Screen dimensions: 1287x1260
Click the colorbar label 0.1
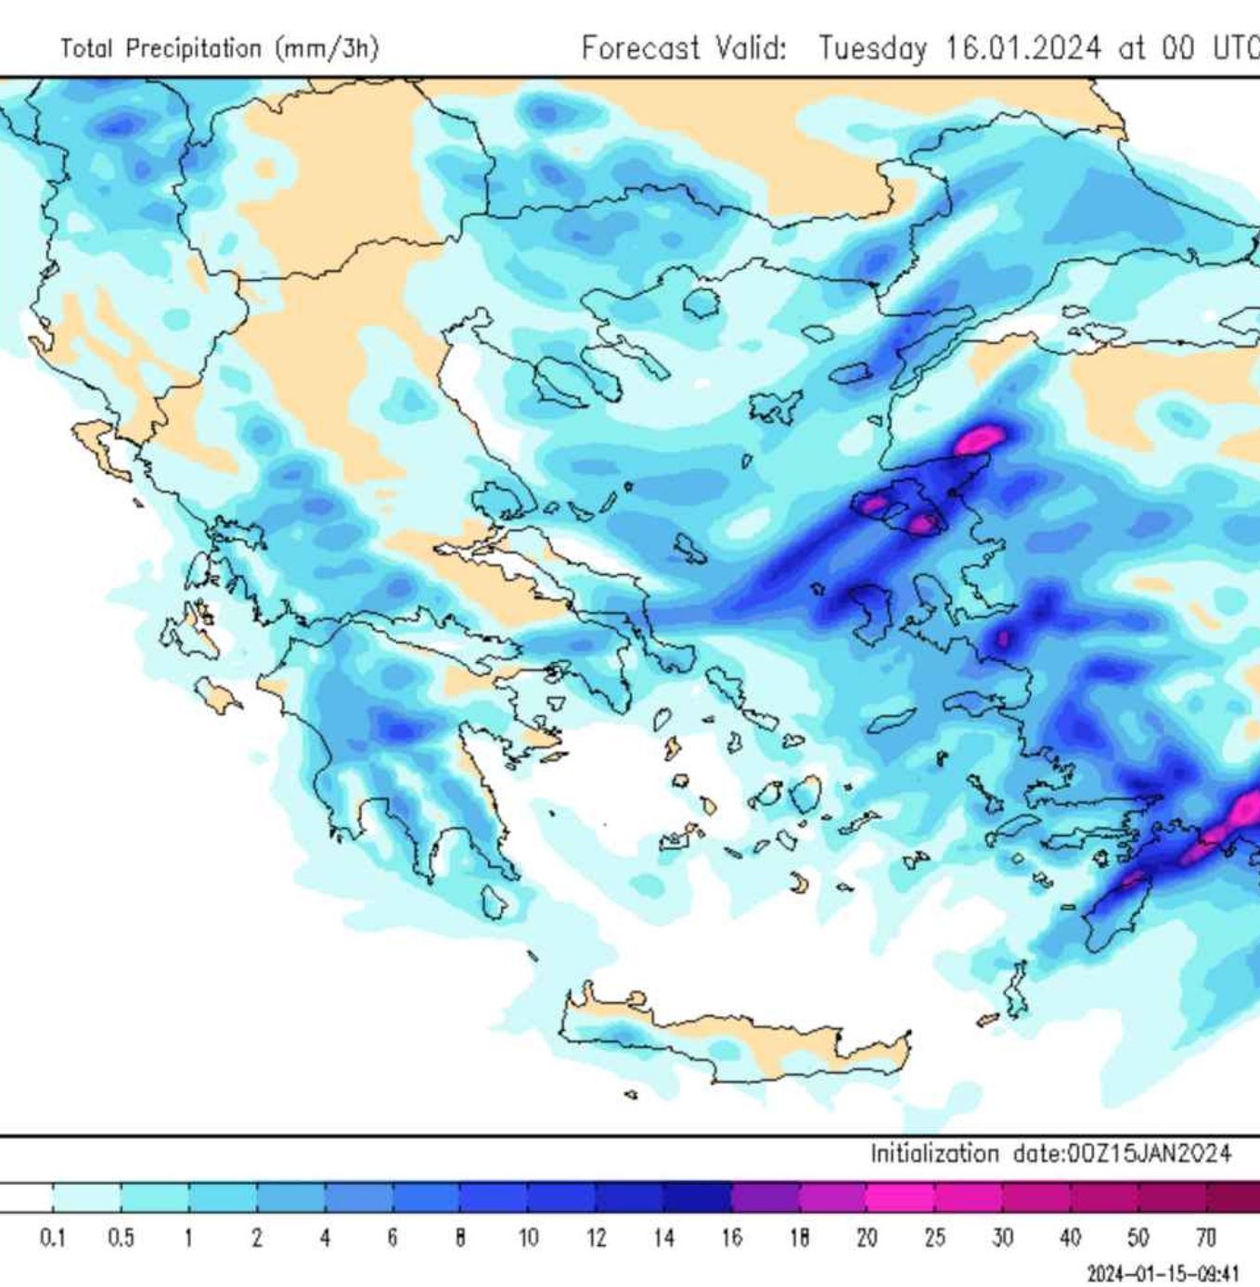(53, 1238)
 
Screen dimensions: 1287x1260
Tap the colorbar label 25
(934, 1238)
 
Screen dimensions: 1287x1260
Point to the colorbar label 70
(1205, 1238)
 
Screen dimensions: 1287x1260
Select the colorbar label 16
(731, 1238)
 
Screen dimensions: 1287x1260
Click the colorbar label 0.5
(121, 1238)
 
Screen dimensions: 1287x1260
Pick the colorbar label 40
(1070, 1238)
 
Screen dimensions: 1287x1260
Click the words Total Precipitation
(161, 48)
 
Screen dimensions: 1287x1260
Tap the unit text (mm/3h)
(327, 48)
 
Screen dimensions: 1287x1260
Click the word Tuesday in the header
(872, 47)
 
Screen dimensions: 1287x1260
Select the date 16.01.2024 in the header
(1022, 47)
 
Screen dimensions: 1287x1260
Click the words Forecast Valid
(683, 47)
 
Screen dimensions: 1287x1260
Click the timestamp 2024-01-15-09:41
(1163, 1273)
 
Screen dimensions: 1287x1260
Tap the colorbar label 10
(528, 1238)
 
